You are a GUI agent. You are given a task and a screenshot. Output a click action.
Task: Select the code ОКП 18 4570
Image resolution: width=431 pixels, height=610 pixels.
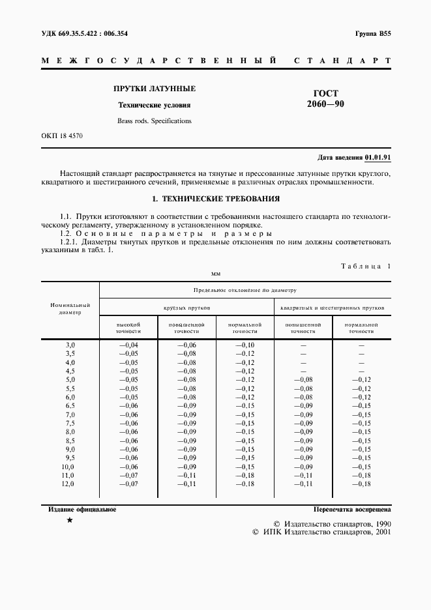click(62, 136)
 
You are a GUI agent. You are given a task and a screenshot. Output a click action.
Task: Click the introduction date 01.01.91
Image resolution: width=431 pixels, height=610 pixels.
click(378, 158)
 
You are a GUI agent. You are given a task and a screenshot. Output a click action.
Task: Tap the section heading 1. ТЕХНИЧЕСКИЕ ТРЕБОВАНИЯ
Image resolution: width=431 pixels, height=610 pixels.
click(216, 199)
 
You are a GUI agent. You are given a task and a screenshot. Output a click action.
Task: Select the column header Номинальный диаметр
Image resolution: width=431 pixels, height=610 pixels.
click(70, 308)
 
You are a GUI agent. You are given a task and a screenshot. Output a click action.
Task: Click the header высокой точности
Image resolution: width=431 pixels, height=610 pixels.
click(128, 327)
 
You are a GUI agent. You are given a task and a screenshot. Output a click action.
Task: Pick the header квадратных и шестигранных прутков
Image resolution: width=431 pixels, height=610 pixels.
click(332, 306)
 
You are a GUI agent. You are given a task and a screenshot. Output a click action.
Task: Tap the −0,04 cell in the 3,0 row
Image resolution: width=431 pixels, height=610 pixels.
click(128, 344)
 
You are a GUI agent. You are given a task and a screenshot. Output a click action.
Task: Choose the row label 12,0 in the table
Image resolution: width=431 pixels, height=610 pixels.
click(68, 484)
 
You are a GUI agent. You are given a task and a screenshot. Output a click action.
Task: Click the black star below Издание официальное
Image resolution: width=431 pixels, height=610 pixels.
click(70, 521)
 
